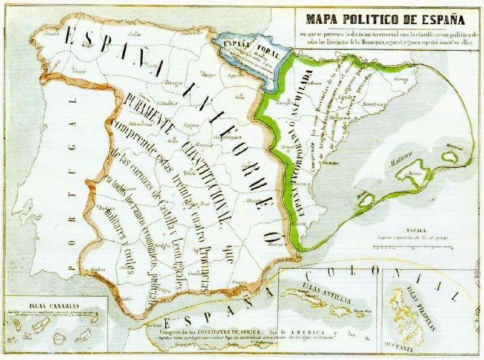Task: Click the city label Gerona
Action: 401,79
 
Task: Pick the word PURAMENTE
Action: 149,111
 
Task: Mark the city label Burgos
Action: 209,75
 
